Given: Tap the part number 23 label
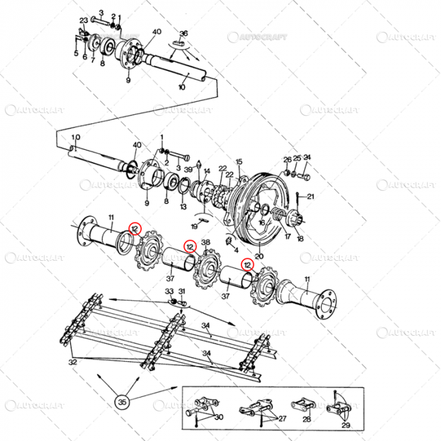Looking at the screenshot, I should tap(83, 21).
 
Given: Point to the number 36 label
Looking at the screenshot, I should tap(183, 33).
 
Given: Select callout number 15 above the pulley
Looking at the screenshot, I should tap(239, 162).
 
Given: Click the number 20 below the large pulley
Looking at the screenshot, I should tap(258, 256).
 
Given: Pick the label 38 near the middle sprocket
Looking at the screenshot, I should tap(205, 243).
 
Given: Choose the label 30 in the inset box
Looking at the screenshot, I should tap(218, 416).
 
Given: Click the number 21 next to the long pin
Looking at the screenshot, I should tap(310, 197).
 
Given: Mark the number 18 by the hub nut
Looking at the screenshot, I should tap(299, 239).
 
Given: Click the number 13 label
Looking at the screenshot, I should tap(183, 206).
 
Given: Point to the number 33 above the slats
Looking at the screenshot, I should tap(169, 291).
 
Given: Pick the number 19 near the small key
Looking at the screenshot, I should tap(196, 226).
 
